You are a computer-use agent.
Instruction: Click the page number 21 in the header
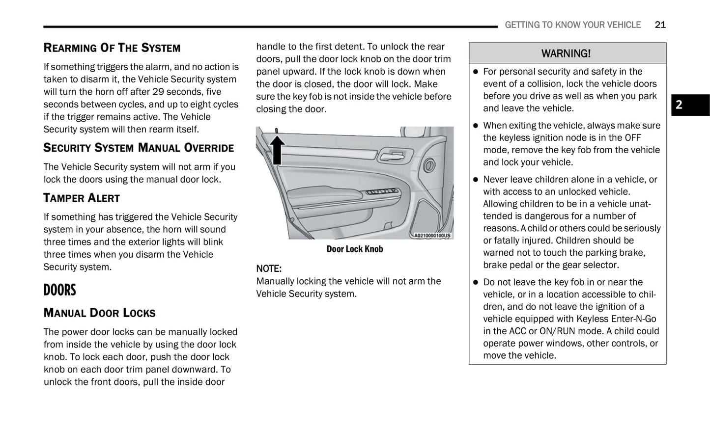(x=660, y=25)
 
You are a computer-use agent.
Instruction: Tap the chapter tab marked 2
(x=690, y=105)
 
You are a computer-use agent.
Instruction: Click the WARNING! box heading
(x=566, y=53)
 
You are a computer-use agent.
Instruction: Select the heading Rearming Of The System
(x=112, y=48)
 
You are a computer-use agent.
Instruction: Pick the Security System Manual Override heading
(x=139, y=148)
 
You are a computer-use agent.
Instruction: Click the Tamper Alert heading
(x=82, y=198)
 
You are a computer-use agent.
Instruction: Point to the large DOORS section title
(x=60, y=290)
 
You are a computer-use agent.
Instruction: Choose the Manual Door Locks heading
(x=99, y=313)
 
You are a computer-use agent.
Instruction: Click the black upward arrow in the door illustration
(x=278, y=149)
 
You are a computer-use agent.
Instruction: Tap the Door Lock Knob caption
(x=354, y=249)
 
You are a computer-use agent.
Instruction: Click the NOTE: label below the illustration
(x=269, y=268)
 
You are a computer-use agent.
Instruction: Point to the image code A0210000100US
(x=432, y=236)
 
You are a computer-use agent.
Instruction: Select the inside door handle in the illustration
(x=393, y=155)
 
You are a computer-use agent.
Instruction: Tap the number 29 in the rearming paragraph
(x=158, y=92)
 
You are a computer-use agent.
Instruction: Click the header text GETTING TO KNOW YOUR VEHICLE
(x=572, y=25)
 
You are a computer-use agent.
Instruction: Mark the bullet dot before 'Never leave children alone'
(x=475, y=180)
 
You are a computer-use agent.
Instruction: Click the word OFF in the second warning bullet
(x=632, y=138)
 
